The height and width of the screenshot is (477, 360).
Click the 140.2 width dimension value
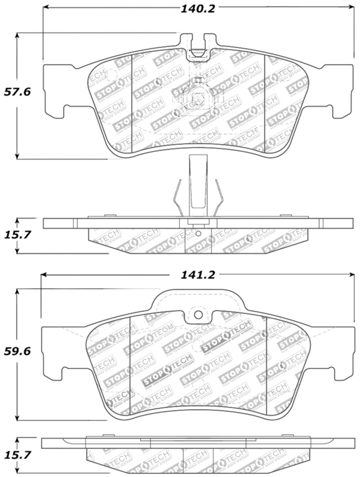(198, 8)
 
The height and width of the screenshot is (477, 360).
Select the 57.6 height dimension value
(17, 92)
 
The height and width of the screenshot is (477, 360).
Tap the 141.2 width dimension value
(198, 275)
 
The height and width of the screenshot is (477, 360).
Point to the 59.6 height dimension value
(17, 351)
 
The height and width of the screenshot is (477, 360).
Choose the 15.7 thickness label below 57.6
(17, 235)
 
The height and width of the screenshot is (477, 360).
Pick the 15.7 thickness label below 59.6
(17, 455)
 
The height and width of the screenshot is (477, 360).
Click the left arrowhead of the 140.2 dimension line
(46, 7)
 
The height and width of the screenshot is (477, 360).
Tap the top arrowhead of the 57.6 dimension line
(17, 35)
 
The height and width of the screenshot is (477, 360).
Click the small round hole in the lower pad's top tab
(198, 315)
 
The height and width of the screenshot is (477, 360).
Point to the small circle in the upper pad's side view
(198, 234)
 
